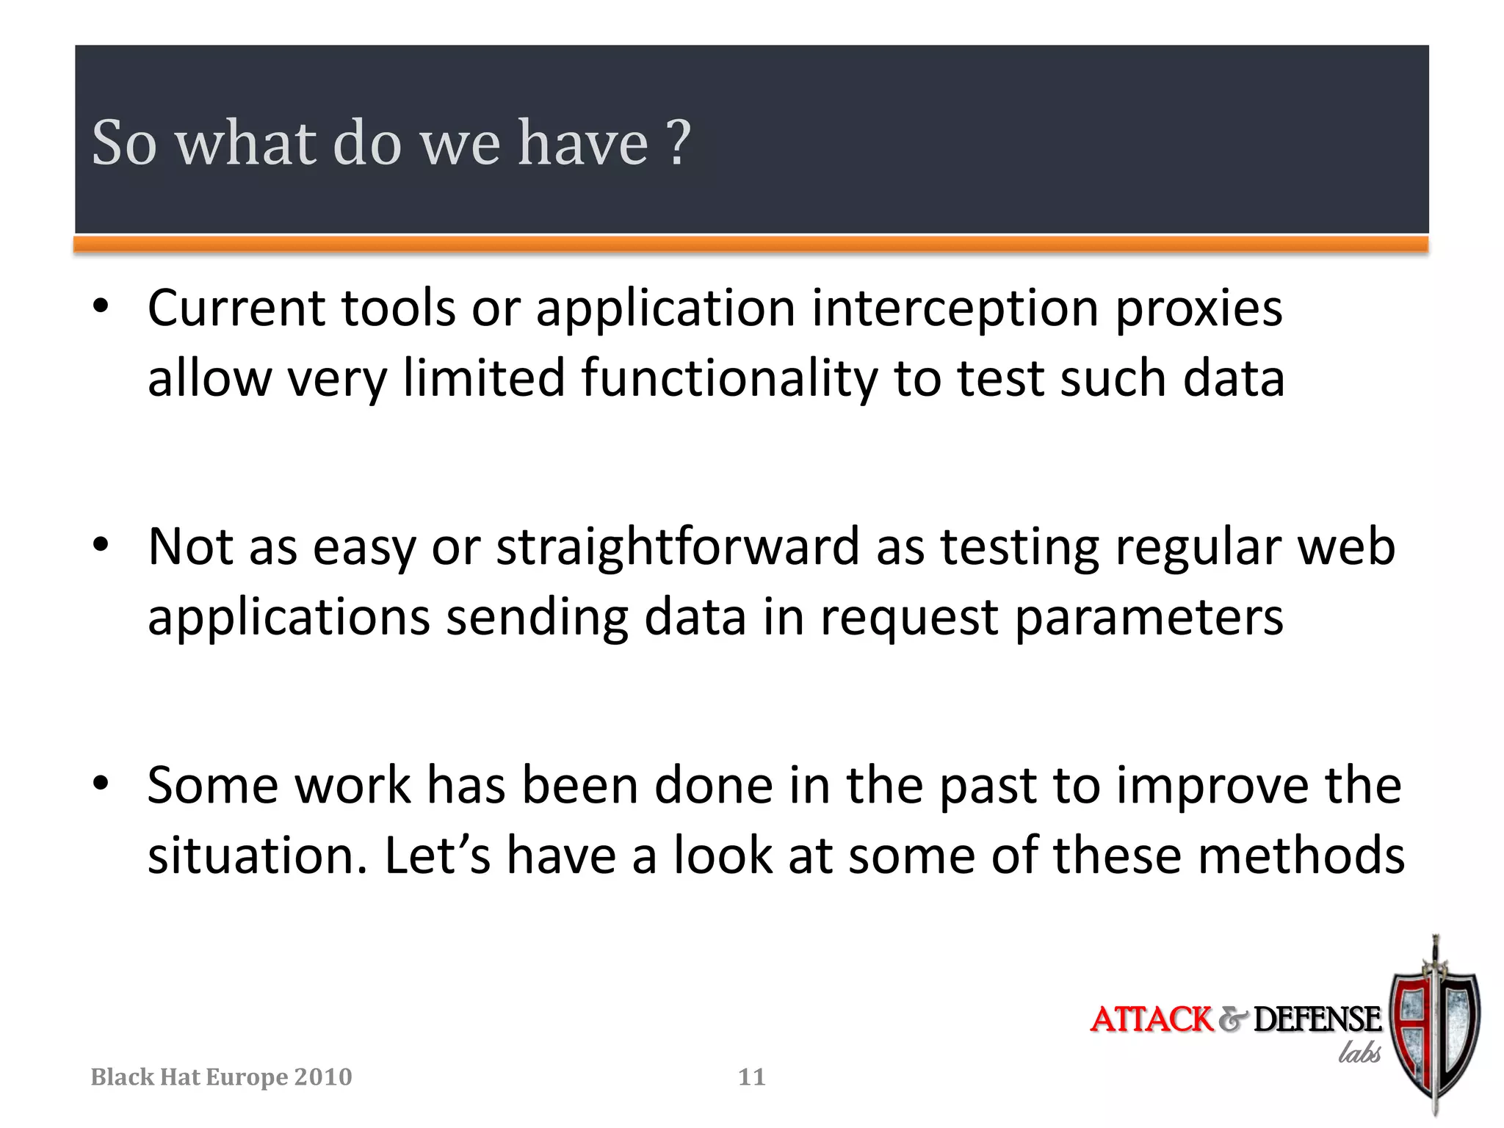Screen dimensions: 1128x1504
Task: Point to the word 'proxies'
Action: click(x=1198, y=308)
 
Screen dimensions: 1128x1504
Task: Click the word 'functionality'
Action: click(x=728, y=378)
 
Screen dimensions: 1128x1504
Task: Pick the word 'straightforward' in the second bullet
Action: click(x=677, y=547)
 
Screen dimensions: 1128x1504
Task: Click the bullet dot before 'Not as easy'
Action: click(x=101, y=545)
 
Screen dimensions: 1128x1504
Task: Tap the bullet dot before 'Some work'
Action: click(x=101, y=783)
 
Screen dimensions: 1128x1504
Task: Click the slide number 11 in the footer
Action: click(x=751, y=1077)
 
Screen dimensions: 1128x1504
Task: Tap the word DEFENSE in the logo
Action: click(x=1317, y=1020)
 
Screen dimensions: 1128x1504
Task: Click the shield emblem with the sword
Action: click(x=1434, y=1028)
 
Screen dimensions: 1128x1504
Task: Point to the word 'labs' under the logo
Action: click(x=1359, y=1053)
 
